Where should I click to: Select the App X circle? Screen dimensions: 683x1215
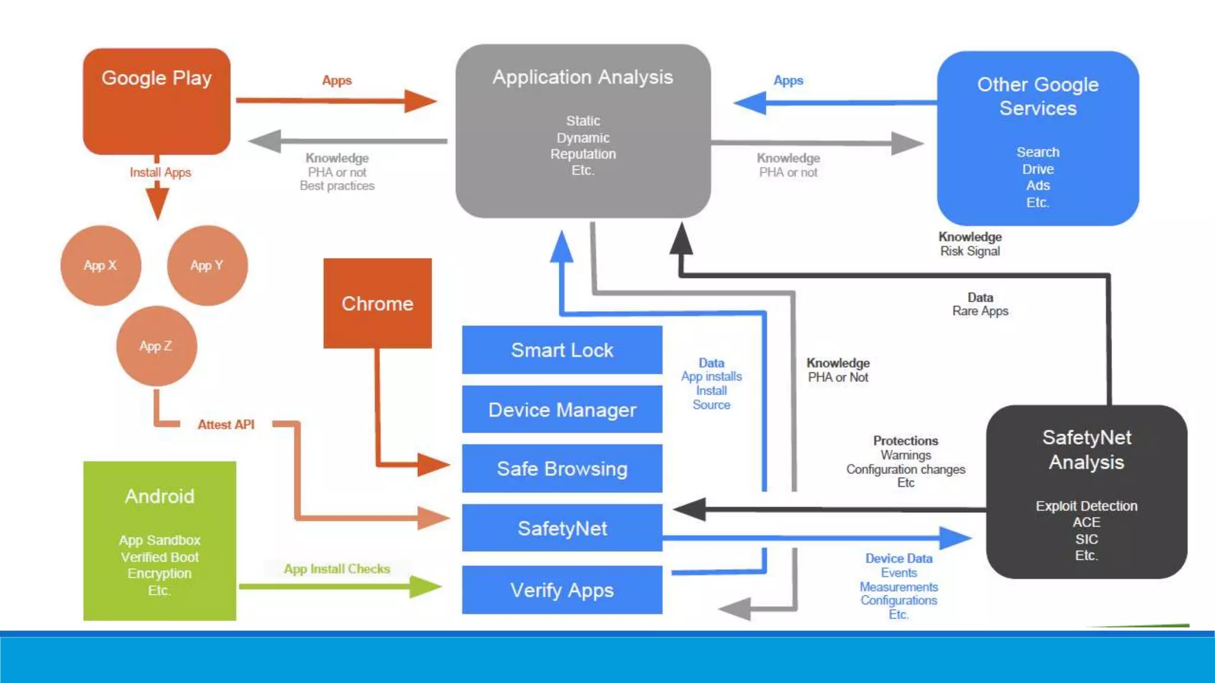point(100,266)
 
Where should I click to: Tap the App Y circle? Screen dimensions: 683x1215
point(207,266)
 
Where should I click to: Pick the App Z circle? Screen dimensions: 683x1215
point(156,346)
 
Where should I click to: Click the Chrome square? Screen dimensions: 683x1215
point(377,304)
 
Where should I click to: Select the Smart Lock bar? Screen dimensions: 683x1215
point(562,350)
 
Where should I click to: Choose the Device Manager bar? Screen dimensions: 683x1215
point(562,410)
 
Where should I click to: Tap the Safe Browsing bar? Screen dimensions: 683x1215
point(562,469)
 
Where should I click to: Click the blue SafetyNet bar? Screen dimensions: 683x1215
point(562,528)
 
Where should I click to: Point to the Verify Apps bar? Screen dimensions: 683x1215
point(562,590)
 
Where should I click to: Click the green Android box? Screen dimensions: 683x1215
point(160,541)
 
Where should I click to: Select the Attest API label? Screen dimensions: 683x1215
point(226,425)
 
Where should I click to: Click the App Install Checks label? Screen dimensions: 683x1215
point(337,569)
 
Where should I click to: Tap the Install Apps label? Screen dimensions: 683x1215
point(160,173)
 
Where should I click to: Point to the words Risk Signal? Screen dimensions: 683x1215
point(970,251)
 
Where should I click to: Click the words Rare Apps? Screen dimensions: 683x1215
point(980,311)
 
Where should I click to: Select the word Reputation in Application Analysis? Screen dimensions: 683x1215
point(583,154)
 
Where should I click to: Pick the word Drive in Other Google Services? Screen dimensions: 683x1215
point(1038,170)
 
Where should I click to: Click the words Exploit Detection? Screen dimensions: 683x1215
point(1086,506)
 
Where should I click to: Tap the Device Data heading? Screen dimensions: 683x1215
point(899,558)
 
